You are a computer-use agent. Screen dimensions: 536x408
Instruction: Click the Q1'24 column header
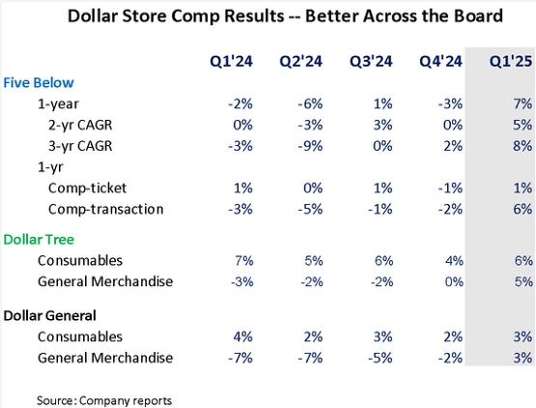(231, 61)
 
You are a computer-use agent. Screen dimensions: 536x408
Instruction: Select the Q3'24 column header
(371, 61)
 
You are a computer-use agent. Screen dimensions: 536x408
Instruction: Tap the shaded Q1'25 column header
(511, 61)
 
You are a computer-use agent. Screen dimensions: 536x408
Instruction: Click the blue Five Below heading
(39, 83)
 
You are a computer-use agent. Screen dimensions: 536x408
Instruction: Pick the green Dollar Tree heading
(39, 239)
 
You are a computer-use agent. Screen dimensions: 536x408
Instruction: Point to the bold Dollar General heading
(49, 315)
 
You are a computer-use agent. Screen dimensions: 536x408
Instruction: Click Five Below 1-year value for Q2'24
(310, 103)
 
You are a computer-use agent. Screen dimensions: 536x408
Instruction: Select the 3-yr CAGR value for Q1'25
(522, 146)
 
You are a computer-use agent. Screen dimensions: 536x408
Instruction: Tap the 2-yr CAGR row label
(80, 125)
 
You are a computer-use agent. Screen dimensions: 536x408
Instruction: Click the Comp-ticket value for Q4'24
(450, 188)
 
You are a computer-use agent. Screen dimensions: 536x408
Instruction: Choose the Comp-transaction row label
(106, 209)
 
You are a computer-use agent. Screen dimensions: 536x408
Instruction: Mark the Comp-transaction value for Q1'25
(522, 209)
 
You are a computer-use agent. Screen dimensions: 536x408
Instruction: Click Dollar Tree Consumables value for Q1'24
(244, 261)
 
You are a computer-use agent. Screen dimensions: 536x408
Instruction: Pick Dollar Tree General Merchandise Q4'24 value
(454, 281)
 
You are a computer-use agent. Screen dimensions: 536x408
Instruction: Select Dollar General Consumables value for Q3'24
(382, 336)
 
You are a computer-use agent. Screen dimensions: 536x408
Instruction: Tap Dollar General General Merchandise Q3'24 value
(381, 358)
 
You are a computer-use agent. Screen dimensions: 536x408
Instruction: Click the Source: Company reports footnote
(104, 400)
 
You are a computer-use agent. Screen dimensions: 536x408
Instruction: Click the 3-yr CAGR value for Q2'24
(310, 146)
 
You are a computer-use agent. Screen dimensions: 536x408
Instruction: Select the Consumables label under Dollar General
(80, 336)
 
